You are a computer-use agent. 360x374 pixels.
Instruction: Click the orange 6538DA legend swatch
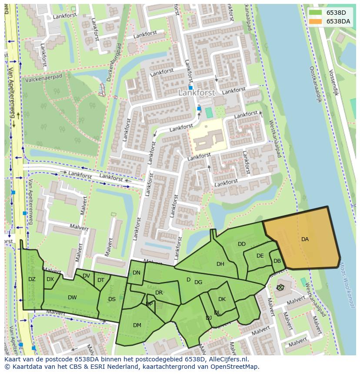(x=316, y=21)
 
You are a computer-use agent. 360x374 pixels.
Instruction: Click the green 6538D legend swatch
(x=316, y=13)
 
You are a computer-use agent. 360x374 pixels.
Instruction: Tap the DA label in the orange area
(x=305, y=239)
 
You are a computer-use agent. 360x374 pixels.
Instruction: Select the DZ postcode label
(x=32, y=279)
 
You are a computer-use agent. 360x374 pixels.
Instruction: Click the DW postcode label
(x=72, y=298)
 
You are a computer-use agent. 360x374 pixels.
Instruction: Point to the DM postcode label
(x=137, y=325)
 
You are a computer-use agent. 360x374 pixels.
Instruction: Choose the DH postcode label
(x=220, y=264)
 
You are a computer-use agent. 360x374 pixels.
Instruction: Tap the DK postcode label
(x=222, y=299)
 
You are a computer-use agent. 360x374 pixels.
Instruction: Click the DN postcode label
(x=137, y=273)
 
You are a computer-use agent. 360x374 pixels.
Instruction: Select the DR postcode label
(x=159, y=293)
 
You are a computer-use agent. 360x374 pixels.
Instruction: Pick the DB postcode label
(x=277, y=261)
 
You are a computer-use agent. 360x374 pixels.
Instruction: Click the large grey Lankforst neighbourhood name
(x=191, y=93)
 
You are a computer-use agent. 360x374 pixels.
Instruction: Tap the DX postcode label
(x=50, y=279)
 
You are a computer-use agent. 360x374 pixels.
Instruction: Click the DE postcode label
(x=260, y=256)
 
